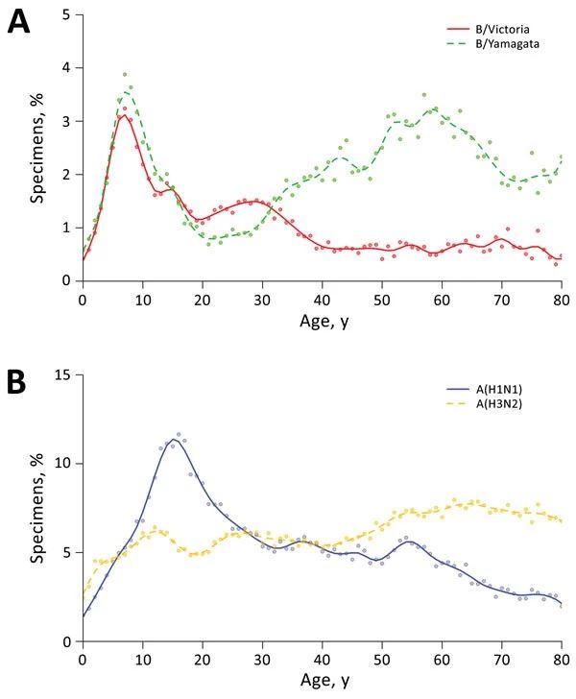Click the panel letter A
[20, 20]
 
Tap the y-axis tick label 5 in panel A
[65, 14]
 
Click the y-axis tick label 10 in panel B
[61, 463]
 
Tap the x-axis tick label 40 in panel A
[323, 297]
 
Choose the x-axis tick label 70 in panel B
[502, 659]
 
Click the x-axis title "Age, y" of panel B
[322, 683]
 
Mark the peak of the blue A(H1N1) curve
[174, 441]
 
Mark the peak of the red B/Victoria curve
[125, 115]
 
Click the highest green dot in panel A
[125, 74]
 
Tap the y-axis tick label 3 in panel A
[65, 121]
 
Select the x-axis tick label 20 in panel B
[203, 659]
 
